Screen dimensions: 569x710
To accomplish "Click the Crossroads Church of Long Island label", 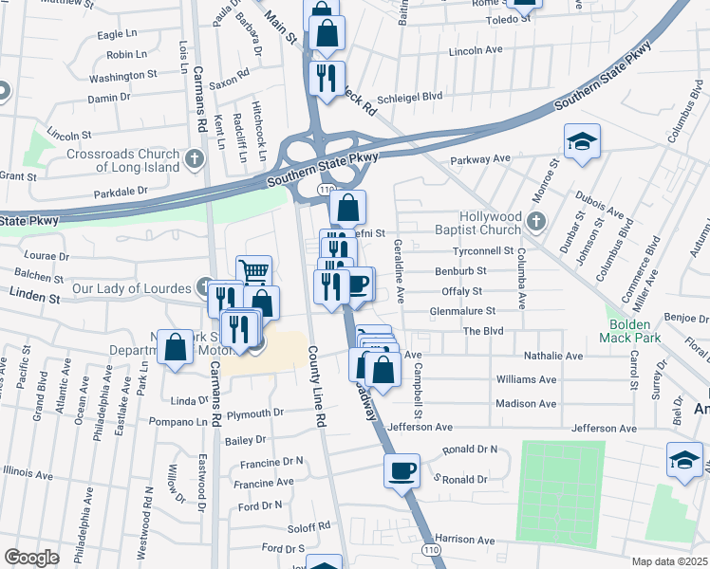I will [122, 160].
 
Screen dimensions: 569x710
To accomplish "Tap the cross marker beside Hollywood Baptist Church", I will [536, 223].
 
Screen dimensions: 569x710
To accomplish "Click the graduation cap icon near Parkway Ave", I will [582, 143].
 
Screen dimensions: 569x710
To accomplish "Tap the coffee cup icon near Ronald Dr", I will [402, 469].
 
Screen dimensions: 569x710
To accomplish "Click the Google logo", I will [31, 558].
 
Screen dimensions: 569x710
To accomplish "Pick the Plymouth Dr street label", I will [255, 413].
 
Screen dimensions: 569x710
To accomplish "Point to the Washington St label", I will [123, 75].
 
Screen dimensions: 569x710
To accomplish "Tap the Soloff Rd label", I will [310, 524].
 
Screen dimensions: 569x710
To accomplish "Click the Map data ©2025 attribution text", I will [670, 561].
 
